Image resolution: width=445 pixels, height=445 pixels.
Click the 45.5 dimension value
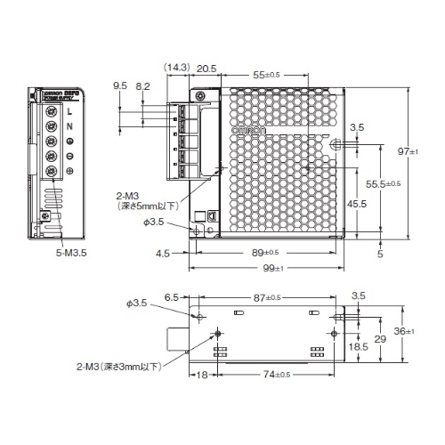357,204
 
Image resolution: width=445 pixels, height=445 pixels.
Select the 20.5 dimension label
206,68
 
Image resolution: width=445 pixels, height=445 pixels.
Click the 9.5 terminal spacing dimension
120,86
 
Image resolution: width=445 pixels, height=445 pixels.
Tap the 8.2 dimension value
143,86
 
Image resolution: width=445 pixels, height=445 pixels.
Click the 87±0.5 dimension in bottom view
268,296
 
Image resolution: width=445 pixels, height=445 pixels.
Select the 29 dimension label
380,341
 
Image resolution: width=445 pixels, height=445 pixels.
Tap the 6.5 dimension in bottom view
172,296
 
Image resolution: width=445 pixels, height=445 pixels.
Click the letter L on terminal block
71,111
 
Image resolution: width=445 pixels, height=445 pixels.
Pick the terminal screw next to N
51,125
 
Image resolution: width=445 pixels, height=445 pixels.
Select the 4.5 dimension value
162,253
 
